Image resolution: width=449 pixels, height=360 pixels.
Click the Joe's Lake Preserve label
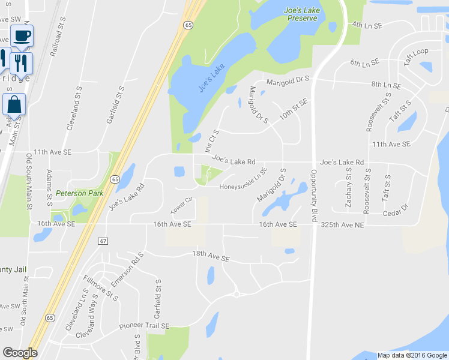tap(301, 14)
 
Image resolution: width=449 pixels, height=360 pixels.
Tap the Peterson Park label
tap(79, 193)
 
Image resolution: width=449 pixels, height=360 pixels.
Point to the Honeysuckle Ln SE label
tap(243, 181)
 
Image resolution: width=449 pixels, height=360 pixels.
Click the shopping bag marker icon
tap(14, 105)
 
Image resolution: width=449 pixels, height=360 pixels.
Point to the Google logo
tap(20, 353)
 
